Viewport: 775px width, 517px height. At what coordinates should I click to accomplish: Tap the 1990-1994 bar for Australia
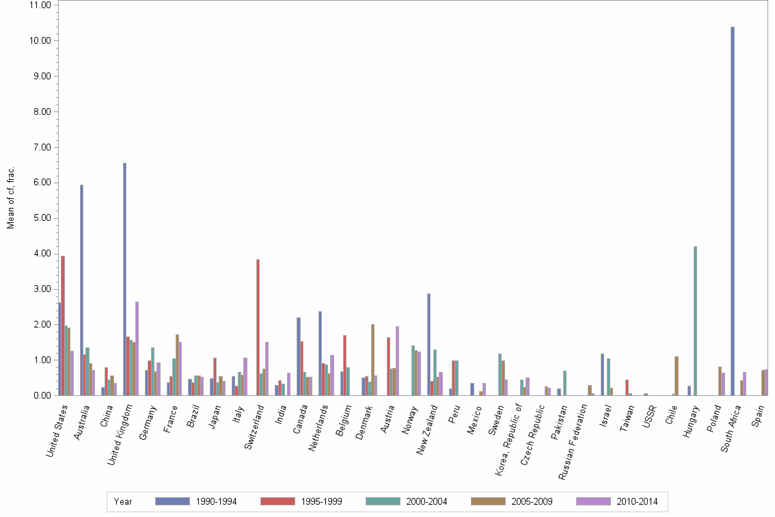tap(81, 290)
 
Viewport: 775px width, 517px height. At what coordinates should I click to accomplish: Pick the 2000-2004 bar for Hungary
tap(695, 321)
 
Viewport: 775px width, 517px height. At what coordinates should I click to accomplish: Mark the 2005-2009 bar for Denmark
tap(372, 360)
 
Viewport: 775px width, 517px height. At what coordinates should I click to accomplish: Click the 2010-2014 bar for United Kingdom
tap(137, 348)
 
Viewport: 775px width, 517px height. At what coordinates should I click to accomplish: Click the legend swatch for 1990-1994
tap(172, 501)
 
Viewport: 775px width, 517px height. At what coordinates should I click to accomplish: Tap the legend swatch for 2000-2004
tap(383, 501)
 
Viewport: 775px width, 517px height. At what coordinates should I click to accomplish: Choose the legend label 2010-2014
tap(638, 502)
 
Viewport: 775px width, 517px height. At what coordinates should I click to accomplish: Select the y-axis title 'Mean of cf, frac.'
tap(11, 196)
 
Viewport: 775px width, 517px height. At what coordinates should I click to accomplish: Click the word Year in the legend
tap(124, 502)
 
